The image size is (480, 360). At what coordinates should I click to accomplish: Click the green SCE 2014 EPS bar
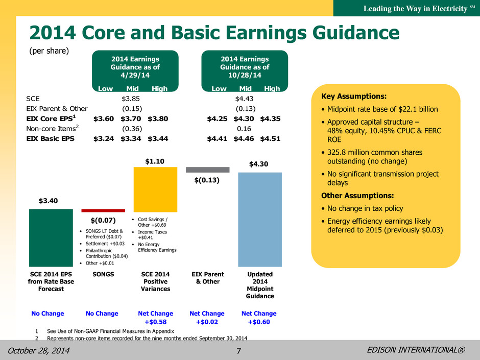[51, 238]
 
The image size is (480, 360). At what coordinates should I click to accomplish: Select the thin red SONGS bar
[103, 210]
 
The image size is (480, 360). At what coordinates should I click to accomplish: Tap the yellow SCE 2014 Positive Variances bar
[156, 189]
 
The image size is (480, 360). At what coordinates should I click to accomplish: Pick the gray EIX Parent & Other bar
[207, 170]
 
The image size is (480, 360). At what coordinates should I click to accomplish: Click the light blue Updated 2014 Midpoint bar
[260, 220]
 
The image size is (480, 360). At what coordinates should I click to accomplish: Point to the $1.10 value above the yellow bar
[155, 161]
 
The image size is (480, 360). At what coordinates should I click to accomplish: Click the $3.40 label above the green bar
[48, 201]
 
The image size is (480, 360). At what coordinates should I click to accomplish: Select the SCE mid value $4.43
[244, 99]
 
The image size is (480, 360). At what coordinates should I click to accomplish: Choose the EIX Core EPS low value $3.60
[104, 119]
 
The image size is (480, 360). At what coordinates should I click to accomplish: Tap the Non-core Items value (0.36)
[132, 129]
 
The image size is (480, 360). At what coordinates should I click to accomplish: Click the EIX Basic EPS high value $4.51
[270, 139]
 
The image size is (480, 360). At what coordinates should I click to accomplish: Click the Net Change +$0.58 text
[156, 318]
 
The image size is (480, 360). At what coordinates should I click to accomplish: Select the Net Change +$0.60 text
[259, 318]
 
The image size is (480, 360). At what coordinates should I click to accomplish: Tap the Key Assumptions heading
[354, 97]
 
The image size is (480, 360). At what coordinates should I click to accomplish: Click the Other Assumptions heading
[357, 196]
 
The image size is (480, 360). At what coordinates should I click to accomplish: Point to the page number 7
[239, 350]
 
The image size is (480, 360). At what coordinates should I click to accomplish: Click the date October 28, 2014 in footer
[39, 350]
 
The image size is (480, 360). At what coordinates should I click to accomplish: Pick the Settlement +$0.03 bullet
[102, 244]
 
